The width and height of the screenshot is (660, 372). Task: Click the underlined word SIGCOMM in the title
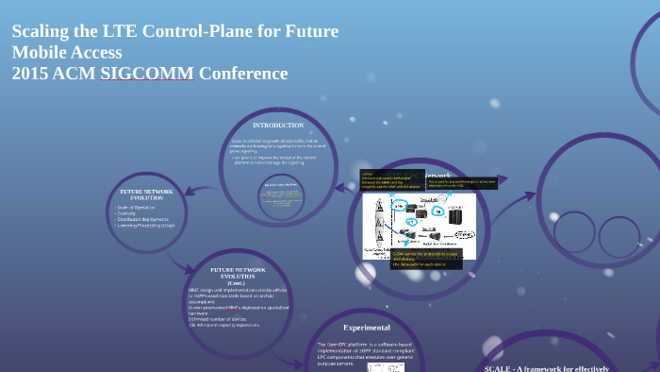[x=147, y=74]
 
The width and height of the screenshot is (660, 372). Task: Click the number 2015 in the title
[x=32, y=74]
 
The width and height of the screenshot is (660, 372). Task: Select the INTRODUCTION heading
[x=278, y=125]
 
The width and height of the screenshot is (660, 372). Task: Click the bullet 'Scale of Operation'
[x=136, y=207]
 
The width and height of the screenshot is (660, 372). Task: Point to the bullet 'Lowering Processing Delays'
[x=145, y=226]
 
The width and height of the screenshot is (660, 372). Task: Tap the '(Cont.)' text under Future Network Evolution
[x=237, y=281]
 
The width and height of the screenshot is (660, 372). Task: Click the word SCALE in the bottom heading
[x=498, y=368]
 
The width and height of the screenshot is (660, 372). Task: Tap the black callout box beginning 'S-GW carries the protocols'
[x=413, y=258]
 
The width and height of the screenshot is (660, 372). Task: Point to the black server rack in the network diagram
[x=456, y=217]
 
